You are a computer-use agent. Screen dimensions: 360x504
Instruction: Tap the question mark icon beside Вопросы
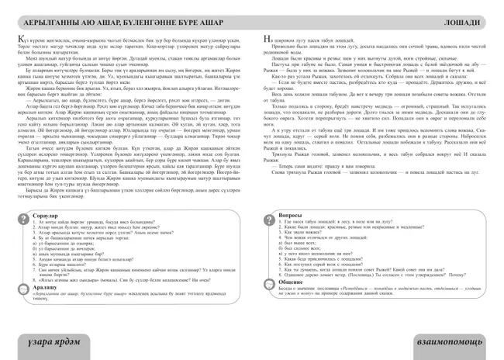point(268,213)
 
